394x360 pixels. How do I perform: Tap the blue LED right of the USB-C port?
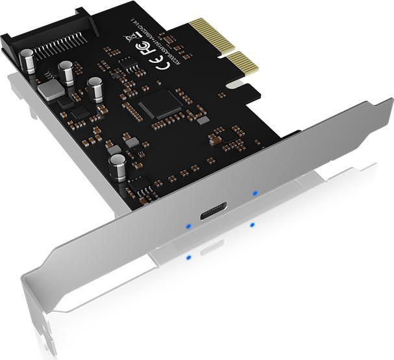254,193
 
